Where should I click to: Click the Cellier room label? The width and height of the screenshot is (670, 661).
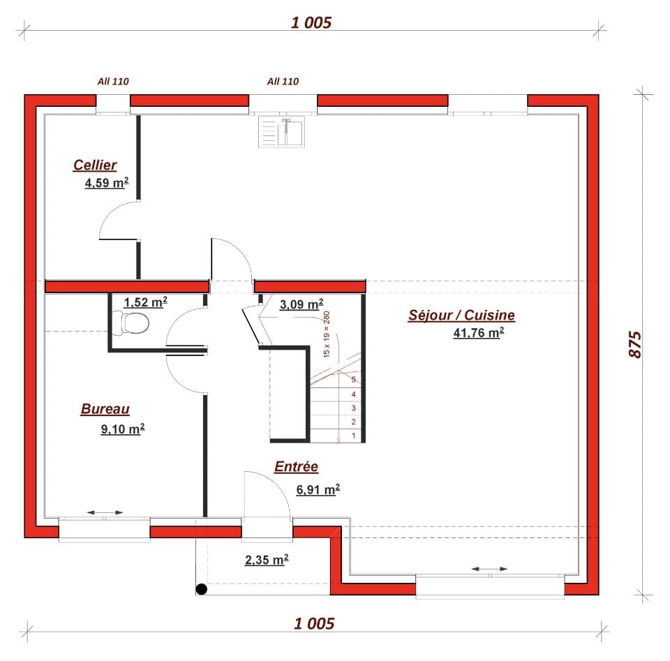pyautogui.click(x=95, y=165)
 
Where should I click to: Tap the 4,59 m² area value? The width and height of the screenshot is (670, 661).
pyautogui.click(x=105, y=184)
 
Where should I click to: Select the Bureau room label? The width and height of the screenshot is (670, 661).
pyautogui.click(x=105, y=410)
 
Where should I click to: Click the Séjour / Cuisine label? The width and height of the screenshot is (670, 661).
pyautogui.click(x=461, y=315)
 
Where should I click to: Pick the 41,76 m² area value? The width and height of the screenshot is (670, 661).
pyautogui.click(x=478, y=333)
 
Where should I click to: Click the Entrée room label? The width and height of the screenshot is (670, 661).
pyautogui.click(x=296, y=467)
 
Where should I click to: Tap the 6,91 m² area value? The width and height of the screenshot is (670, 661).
pyautogui.click(x=318, y=489)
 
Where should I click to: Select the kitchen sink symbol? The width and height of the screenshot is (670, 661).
pyautogui.click(x=282, y=132)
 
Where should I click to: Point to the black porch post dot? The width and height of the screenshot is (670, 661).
pyautogui.click(x=202, y=590)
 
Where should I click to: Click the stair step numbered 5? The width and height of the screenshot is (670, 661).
pyautogui.click(x=354, y=380)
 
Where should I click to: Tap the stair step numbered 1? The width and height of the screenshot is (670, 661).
pyautogui.click(x=354, y=436)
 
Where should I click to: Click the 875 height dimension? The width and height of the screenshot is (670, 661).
pyautogui.click(x=634, y=344)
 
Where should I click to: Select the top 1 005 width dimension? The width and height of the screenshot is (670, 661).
pyautogui.click(x=311, y=22)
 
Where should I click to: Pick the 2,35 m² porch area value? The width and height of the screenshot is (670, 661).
pyautogui.click(x=267, y=559)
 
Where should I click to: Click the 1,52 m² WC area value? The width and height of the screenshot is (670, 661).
pyautogui.click(x=145, y=302)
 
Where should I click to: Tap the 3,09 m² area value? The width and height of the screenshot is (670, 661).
pyautogui.click(x=301, y=304)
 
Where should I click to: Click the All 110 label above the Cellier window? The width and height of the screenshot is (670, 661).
pyautogui.click(x=113, y=81)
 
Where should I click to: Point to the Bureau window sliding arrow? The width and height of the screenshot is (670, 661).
pyautogui.click(x=105, y=513)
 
